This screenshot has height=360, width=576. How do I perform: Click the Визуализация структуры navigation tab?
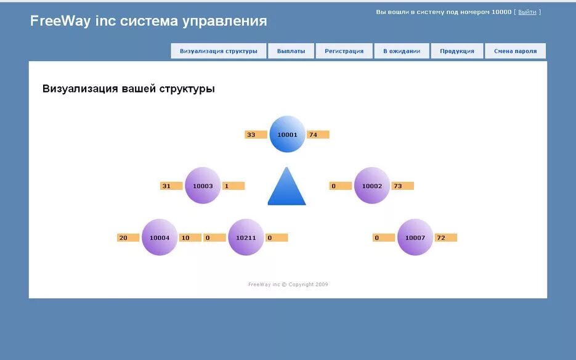[x=219, y=51]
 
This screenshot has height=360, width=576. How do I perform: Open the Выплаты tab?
[x=291, y=51]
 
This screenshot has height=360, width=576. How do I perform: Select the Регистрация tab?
[x=344, y=51]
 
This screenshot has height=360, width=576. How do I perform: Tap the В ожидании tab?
[x=402, y=51]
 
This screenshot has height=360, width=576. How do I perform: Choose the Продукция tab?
[x=457, y=51]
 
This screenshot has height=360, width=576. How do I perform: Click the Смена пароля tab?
[x=515, y=51]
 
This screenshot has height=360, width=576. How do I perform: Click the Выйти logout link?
[x=527, y=12]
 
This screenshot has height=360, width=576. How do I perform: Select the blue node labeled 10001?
[x=287, y=134]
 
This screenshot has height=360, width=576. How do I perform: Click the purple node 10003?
[x=203, y=185]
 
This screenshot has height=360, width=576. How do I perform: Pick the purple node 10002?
[x=372, y=185]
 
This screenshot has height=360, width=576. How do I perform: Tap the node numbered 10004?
[x=160, y=237]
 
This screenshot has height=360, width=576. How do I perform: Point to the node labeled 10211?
[x=246, y=237]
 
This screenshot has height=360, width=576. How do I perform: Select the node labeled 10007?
[x=415, y=237]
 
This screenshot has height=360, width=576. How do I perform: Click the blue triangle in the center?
[x=286, y=187]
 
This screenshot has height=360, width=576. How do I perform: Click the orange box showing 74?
[x=318, y=134]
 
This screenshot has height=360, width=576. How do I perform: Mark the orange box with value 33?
[x=256, y=134]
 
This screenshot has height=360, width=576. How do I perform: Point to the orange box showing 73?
[x=402, y=186]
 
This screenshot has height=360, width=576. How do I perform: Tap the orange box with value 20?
[x=128, y=237]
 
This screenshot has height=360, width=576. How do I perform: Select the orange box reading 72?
[x=445, y=237]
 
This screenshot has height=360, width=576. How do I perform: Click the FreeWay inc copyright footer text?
[x=288, y=284]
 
